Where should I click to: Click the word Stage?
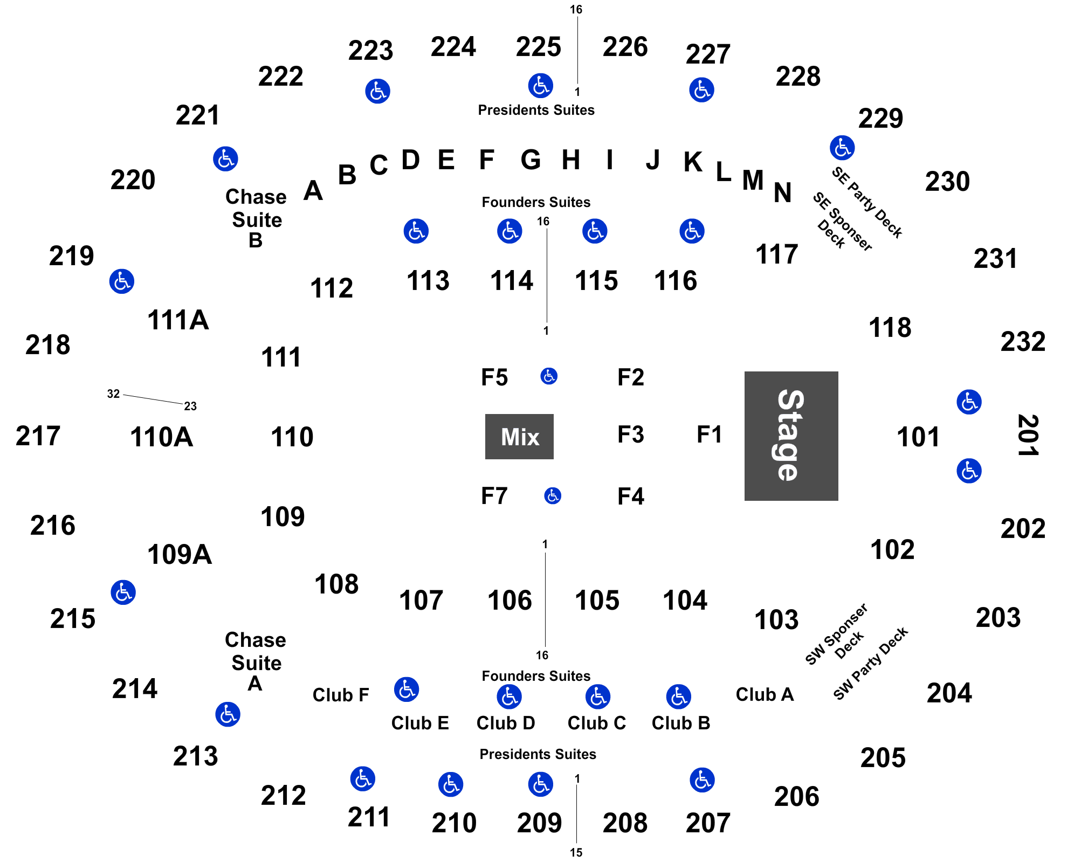click(x=790, y=436)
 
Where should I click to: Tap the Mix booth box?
click(x=519, y=437)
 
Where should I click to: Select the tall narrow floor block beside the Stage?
click(x=708, y=435)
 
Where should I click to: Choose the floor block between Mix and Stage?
click(x=628, y=436)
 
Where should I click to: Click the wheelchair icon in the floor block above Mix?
click(x=549, y=376)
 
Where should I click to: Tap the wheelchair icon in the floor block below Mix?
click(x=553, y=495)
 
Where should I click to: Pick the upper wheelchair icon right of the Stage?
click(x=969, y=402)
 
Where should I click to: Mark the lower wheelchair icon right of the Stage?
click(x=969, y=471)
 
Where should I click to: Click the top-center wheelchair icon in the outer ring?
click(x=540, y=86)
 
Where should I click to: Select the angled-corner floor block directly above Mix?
click(x=485, y=379)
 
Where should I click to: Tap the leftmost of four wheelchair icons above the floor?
click(x=416, y=231)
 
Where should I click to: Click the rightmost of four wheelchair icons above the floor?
click(x=692, y=231)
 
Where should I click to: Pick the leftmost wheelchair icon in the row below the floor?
click(x=406, y=689)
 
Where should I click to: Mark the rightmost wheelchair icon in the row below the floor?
click(x=678, y=697)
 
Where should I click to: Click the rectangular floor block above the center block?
click(x=628, y=378)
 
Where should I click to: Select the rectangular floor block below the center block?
click(x=628, y=496)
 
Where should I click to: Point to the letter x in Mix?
click(x=532, y=438)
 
